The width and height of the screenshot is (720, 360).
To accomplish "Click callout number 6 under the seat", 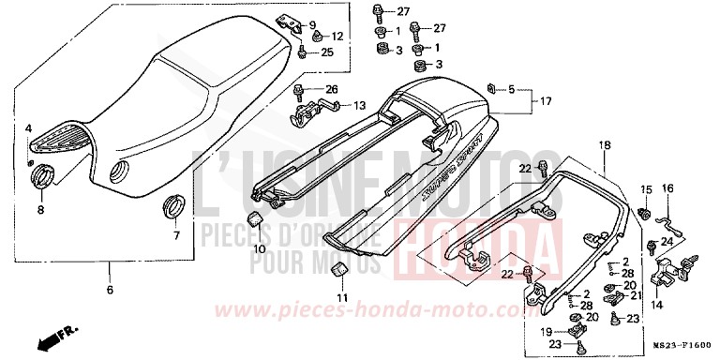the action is pos(109,292).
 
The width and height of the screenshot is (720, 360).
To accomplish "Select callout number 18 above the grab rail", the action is pos(604,145).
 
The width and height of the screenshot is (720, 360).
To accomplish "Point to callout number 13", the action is pos(359,106).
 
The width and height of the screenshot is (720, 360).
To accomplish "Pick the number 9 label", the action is pos(312,24).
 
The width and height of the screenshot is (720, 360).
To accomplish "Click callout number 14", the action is pos(655,305).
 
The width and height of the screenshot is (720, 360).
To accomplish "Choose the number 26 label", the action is pos(331,89).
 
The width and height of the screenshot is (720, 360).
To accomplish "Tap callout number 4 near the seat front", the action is pos(29,127).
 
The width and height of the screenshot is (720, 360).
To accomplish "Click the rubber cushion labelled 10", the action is pos(253,221).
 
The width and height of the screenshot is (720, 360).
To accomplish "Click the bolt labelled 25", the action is pos(301,52).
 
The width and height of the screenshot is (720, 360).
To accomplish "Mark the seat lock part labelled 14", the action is pos(669,272).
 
